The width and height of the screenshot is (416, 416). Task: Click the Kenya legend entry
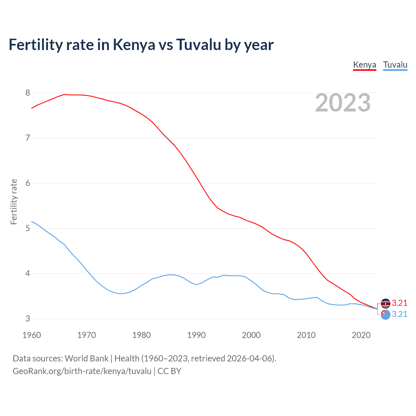coord(364,65)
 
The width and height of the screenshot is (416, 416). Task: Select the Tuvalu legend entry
coord(395,65)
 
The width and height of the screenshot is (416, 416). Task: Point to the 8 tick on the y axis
coord(28,93)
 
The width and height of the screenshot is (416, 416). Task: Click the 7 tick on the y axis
coord(28,138)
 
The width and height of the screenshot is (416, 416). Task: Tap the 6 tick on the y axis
coord(28,183)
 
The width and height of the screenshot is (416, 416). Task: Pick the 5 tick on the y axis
coord(28,228)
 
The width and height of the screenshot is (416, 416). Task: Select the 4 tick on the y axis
coord(28,274)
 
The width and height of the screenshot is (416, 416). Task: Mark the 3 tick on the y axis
coord(28,319)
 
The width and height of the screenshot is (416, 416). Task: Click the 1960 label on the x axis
coord(32,335)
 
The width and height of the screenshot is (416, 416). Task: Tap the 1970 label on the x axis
coord(86,335)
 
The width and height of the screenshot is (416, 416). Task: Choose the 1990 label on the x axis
coord(196,335)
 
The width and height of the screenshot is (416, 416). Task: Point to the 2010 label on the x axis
coord(306,335)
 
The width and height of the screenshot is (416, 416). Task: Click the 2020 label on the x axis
coord(361,335)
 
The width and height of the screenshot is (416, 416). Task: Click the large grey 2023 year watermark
coord(343,103)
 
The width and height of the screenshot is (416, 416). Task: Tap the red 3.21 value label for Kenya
coord(399,303)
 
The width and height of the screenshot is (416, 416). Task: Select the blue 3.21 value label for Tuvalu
coord(399,314)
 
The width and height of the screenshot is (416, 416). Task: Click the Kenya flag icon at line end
coord(385,303)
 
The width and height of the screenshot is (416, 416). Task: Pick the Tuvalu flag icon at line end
coord(385,315)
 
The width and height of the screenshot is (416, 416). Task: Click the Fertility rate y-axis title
coord(14,201)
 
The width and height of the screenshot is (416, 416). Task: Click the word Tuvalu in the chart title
coord(199,45)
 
